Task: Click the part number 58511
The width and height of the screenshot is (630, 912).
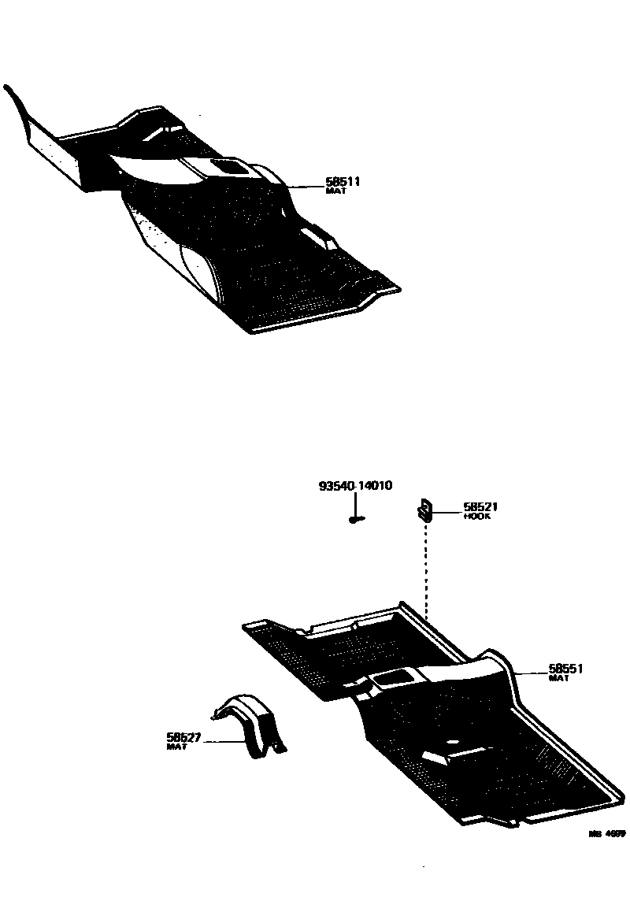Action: pos(343,182)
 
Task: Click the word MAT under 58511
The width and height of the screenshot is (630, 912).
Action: pos(335,191)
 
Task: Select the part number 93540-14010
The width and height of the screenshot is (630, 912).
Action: pos(355,486)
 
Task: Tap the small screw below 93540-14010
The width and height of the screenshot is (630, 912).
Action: pos(355,519)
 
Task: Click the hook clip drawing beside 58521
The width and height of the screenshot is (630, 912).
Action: pos(424,511)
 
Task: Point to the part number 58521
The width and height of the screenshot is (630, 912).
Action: pos(480,508)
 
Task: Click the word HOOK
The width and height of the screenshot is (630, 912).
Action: pos(476,517)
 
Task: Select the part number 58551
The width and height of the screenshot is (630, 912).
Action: pos(566,669)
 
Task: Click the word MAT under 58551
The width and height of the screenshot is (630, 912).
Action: pos(558,678)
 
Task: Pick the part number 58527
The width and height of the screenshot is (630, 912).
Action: pos(183,737)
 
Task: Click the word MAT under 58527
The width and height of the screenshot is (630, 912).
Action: pos(176,746)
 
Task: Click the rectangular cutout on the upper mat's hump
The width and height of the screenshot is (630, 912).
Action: pos(228,166)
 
